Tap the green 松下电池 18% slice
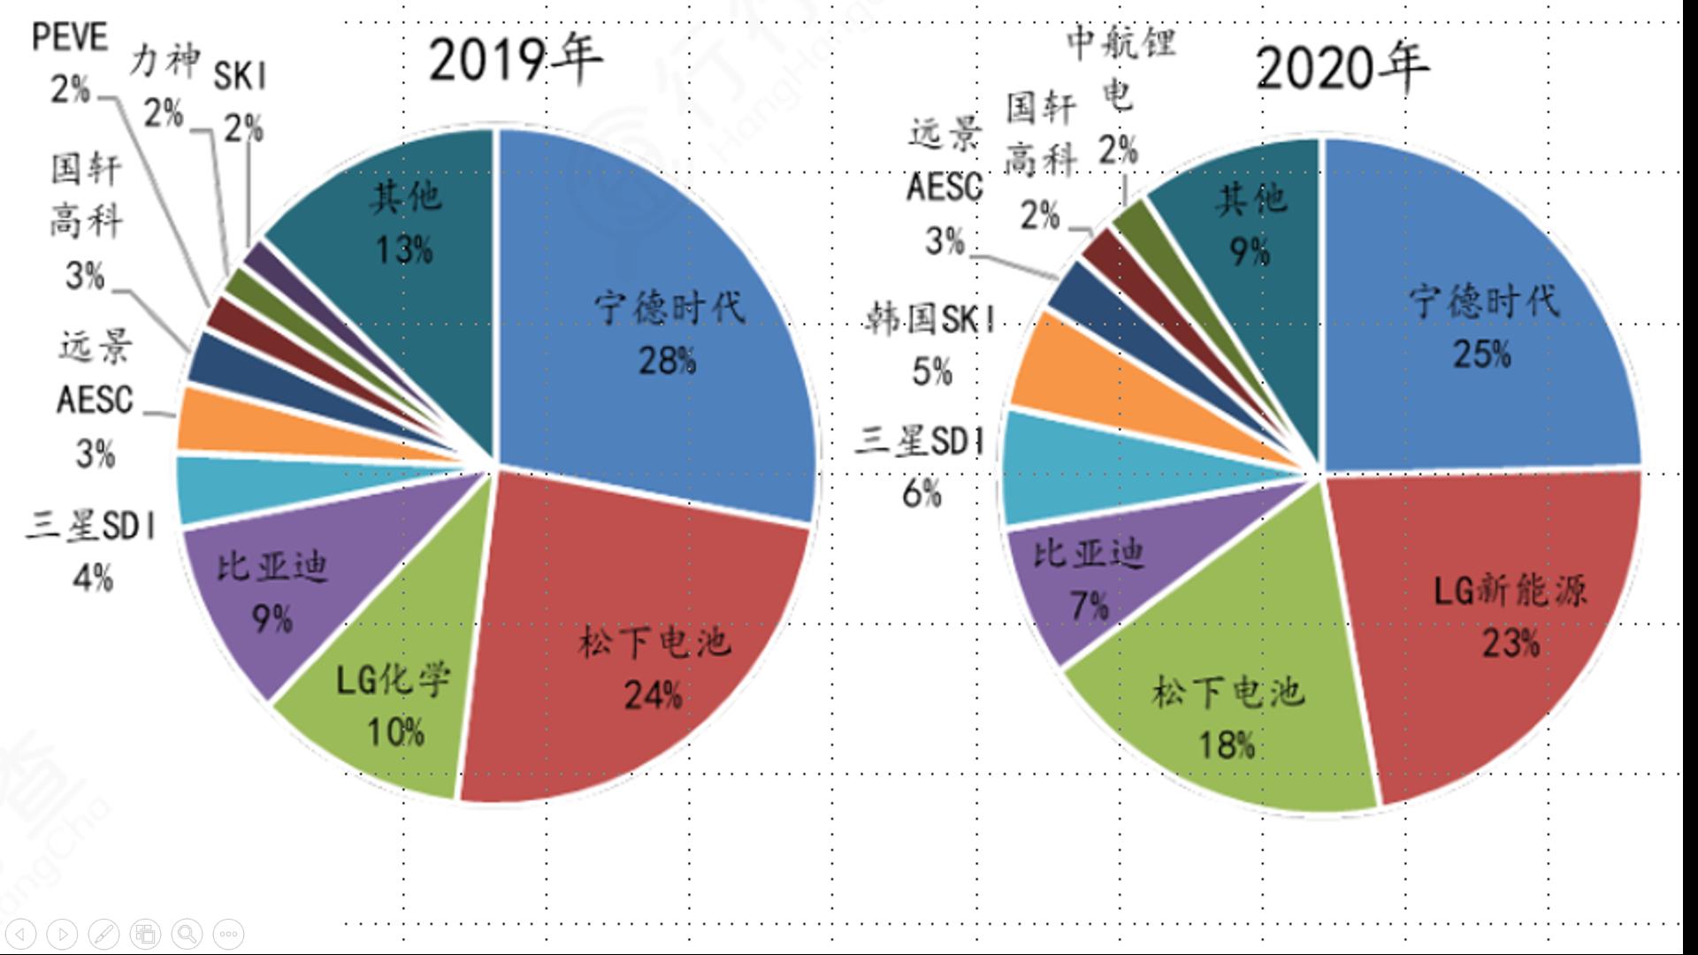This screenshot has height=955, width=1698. coord(1229,716)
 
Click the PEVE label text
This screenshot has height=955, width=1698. coord(70,38)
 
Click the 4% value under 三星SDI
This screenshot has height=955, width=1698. coord(93,578)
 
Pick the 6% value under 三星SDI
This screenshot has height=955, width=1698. coord(921,493)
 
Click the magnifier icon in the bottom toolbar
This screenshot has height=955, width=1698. coord(187,934)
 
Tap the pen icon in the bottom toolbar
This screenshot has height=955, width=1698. coord(104,934)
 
